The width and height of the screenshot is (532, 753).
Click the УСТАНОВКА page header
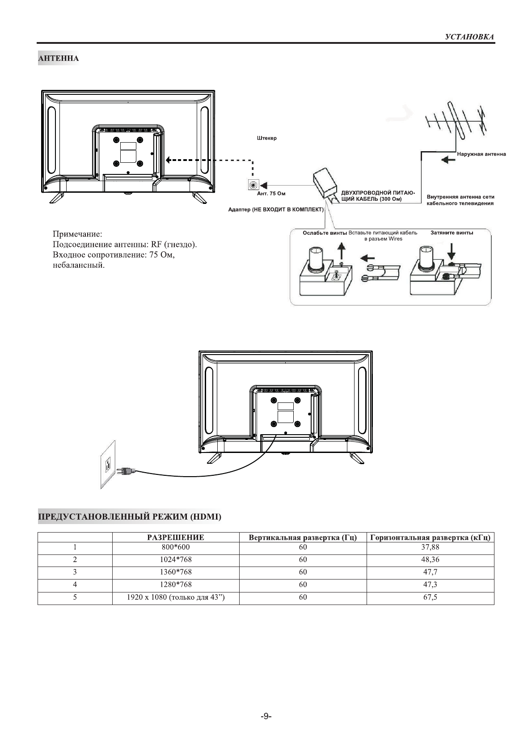[x=469, y=37]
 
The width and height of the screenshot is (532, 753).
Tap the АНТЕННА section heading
[x=59, y=59]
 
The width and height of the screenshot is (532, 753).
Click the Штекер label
[x=267, y=138]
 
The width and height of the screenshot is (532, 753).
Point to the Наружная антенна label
[x=481, y=154]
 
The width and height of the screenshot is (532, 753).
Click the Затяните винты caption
[x=452, y=233]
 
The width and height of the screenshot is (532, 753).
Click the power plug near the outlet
[x=125, y=470]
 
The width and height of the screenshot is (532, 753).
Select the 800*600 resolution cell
[x=175, y=547]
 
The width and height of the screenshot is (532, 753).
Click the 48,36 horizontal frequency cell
[x=430, y=559]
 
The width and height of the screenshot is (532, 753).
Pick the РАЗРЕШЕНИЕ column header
[x=175, y=537]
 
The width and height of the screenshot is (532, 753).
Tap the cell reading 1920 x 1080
[x=175, y=597]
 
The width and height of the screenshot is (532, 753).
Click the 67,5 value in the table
[x=430, y=597]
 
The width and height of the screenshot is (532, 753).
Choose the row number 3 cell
[x=75, y=572]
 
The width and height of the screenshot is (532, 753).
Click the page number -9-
[x=266, y=716]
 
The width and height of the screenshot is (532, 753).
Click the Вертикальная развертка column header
[x=303, y=537]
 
